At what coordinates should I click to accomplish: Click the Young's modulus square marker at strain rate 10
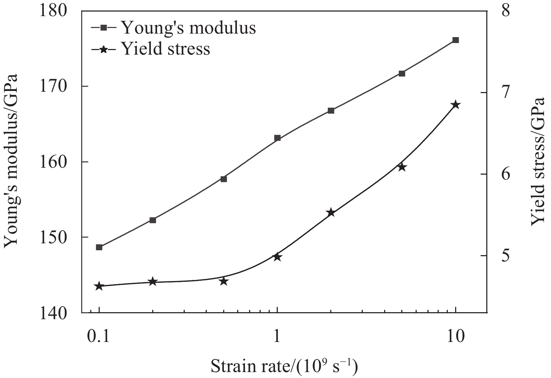pos(455,40)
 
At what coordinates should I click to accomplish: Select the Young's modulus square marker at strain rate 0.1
pos(99,247)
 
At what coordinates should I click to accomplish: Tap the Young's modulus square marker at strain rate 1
pos(277,138)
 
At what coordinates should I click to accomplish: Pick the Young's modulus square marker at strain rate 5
pos(402,73)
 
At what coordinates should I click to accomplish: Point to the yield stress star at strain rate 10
pos(455,105)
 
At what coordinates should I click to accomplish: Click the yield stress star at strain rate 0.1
pos(99,286)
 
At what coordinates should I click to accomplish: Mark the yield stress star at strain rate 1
pos(277,257)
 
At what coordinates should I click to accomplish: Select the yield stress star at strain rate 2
pos(331,213)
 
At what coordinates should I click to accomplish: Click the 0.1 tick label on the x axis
pos(99,336)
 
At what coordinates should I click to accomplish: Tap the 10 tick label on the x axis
pos(455,336)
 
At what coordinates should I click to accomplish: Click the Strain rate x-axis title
pos(284,366)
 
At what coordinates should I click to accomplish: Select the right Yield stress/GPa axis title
pos(538,161)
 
